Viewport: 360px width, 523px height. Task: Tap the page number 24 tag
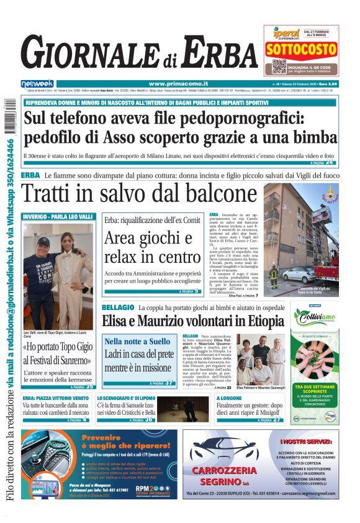click(329, 163)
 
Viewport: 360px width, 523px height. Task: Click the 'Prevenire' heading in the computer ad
click(110, 437)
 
